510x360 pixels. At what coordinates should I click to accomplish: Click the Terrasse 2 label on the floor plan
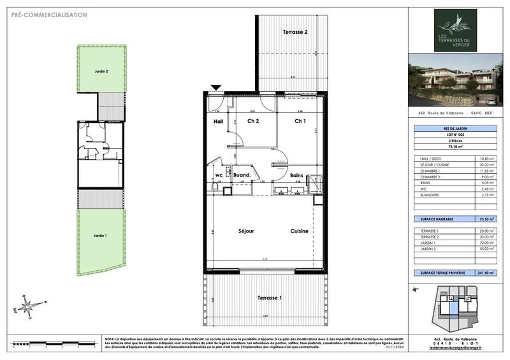[x=295, y=32]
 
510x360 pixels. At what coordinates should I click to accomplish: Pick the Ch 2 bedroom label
[x=252, y=121]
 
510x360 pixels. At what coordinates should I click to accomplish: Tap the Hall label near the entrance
[x=218, y=121]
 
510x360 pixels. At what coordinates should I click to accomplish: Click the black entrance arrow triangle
[x=217, y=88]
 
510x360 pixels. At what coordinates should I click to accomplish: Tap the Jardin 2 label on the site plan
[x=92, y=72]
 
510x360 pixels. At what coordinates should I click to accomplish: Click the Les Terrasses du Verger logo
[x=455, y=31]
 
